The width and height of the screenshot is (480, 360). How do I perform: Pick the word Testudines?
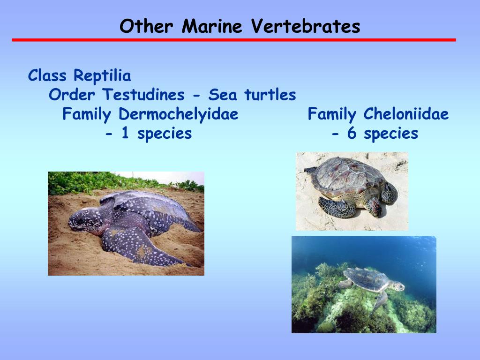tap(143, 95)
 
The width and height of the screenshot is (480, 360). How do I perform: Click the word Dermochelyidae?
tap(178, 114)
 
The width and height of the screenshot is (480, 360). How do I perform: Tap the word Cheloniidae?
tap(405, 114)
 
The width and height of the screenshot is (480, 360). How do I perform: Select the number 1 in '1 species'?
tap(125, 134)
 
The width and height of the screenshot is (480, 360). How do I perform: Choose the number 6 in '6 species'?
tap(352, 134)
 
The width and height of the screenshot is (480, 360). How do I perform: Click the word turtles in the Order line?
tap(270, 95)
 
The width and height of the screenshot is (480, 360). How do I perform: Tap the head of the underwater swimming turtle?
tap(398, 286)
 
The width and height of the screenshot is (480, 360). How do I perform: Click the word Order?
tap(72, 95)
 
